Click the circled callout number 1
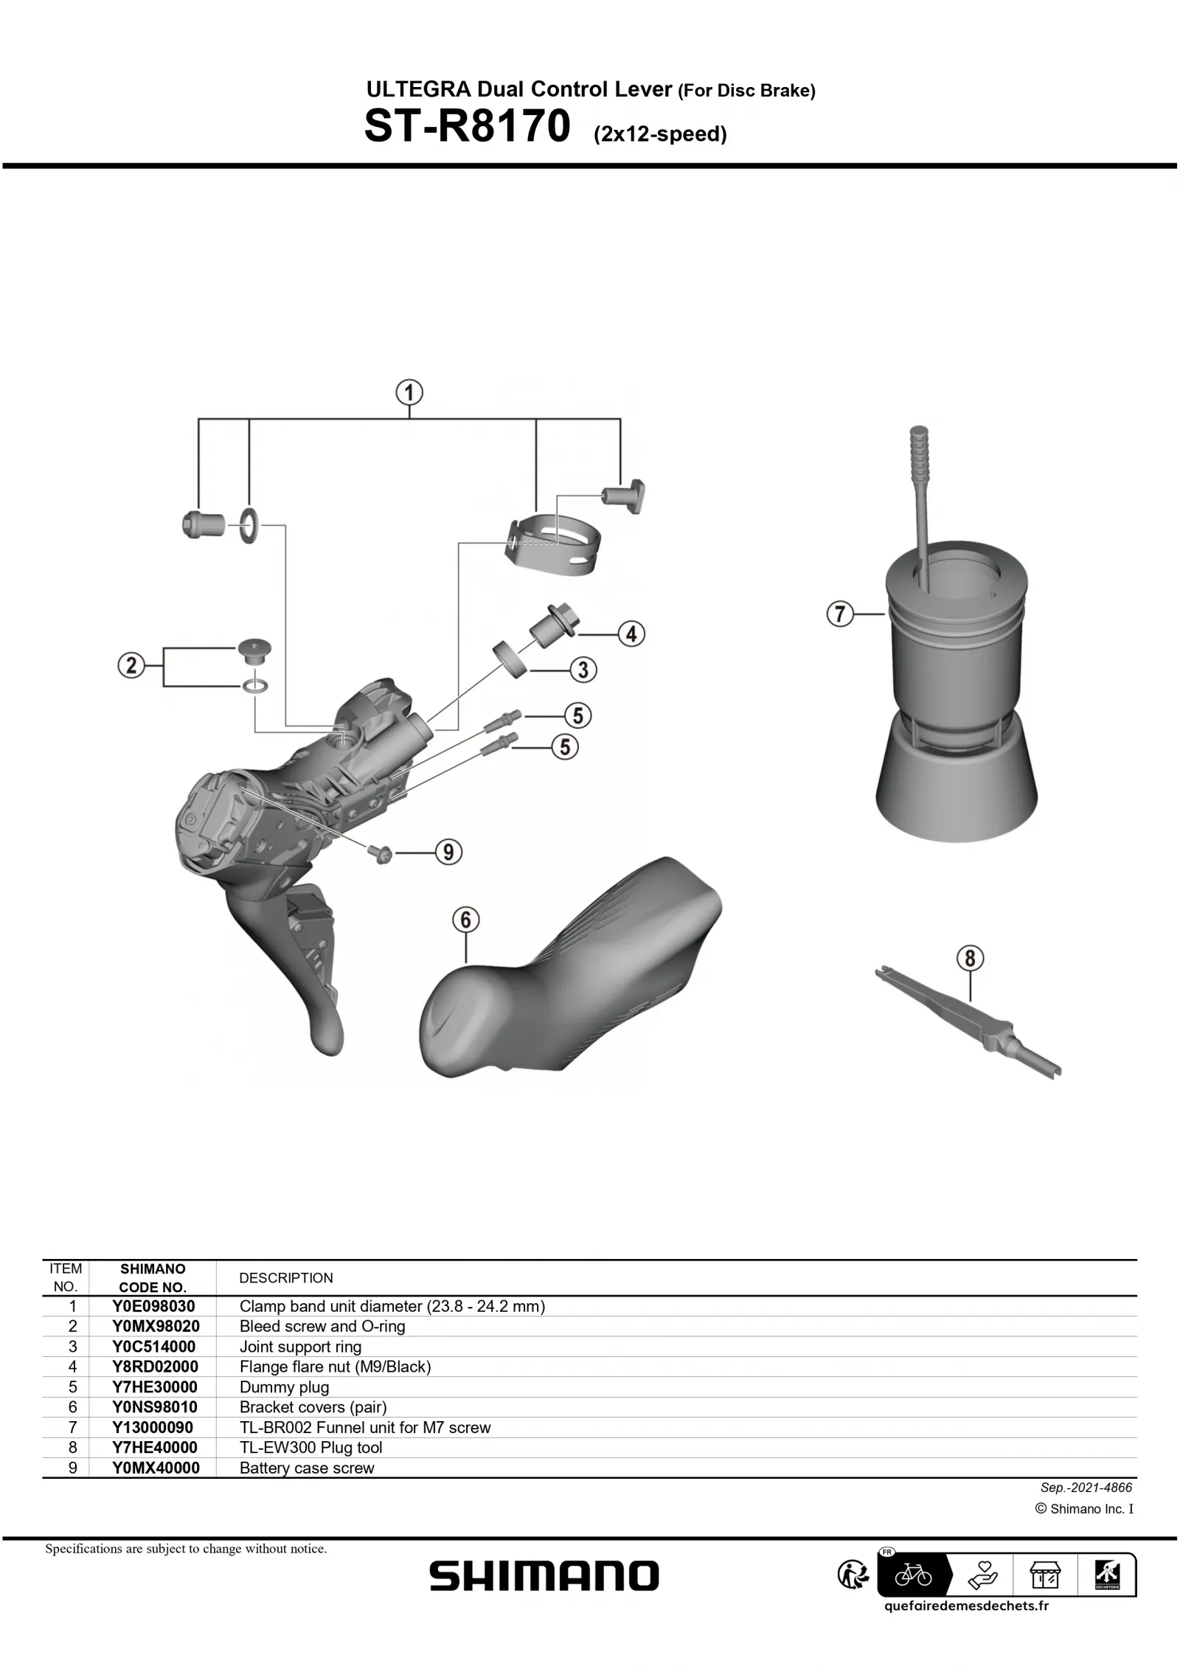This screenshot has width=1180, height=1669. click(x=410, y=392)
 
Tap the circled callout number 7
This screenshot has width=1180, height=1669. click(x=840, y=614)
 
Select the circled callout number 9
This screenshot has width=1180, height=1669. click(x=448, y=853)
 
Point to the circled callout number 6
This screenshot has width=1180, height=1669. click(x=466, y=920)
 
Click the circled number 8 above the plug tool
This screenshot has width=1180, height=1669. click(x=970, y=958)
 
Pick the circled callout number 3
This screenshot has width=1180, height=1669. click(x=583, y=670)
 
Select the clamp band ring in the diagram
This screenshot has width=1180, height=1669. click(x=553, y=546)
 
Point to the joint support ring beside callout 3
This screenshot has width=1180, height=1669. click(x=511, y=658)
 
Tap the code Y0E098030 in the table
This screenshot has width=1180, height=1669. click(x=153, y=1306)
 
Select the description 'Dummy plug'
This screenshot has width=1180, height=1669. click(x=284, y=1387)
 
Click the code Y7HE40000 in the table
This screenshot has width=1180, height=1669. click(x=154, y=1447)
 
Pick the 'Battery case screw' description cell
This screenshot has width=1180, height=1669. click(x=307, y=1468)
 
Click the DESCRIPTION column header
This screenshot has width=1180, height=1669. click(x=286, y=1278)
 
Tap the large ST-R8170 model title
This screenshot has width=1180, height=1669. click(x=468, y=127)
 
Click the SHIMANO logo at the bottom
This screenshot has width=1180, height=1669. click(x=544, y=1576)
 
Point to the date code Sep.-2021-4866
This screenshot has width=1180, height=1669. click(x=1086, y=1488)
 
